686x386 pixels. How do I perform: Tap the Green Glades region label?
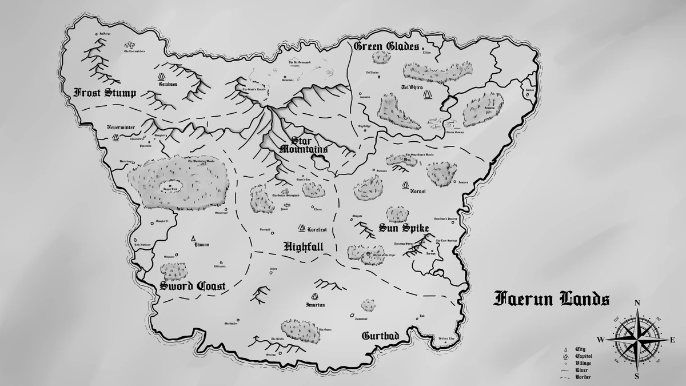click(x=386, y=46)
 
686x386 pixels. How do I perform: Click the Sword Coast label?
click(x=192, y=286)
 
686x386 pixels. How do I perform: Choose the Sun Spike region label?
click(x=403, y=229)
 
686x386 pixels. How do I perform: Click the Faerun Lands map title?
click(x=551, y=299)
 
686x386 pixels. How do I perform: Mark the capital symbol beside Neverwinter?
click(x=115, y=137)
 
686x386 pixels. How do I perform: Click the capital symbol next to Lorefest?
click(x=301, y=228)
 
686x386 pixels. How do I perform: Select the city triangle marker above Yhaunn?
click(x=194, y=237)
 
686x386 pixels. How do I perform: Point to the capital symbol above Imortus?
click(x=314, y=296)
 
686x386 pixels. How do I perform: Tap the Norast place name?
click(x=418, y=192)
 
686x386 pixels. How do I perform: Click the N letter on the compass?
click(x=637, y=304)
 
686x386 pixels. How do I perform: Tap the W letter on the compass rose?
click(x=601, y=339)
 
